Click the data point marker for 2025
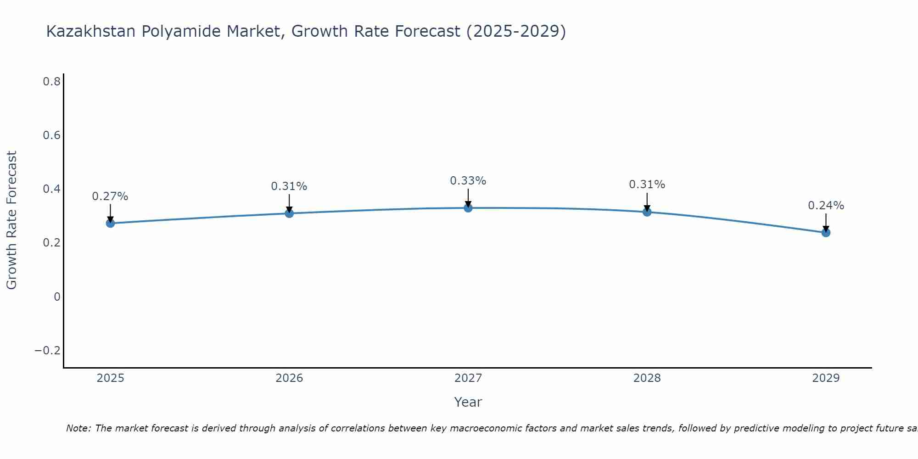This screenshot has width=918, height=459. point(110,223)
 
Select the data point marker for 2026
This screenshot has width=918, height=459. point(289,213)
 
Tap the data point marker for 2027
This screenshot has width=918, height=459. point(468,208)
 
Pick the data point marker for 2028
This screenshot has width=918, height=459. point(647,212)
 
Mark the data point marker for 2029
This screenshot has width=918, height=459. point(826,233)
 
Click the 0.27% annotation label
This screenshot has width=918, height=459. point(110,196)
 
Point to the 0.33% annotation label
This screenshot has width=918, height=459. point(468,181)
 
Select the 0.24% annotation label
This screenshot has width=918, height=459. point(826,206)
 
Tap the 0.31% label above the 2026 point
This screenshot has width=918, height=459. point(289,186)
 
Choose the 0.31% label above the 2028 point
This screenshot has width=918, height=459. point(647,185)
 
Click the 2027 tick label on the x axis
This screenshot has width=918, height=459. point(468,378)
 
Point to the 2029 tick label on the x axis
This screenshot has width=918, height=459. point(826,378)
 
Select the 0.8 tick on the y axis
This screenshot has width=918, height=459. point(52,82)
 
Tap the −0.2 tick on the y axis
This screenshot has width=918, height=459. point(48,351)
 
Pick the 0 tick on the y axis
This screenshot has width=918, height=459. point(57,297)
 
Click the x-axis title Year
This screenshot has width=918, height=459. point(468,402)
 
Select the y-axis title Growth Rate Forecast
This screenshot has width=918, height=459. point(11,220)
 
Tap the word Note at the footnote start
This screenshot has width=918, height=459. point(78,428)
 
